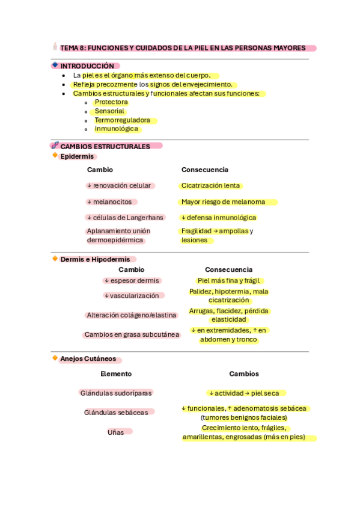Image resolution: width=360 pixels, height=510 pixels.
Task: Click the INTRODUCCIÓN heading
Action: click(87, 66)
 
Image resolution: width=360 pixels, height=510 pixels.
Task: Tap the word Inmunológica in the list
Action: click(117, 129)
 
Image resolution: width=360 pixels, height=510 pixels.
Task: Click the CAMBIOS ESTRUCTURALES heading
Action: click(105, 146)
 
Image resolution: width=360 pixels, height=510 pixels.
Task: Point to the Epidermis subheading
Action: click(78, 156)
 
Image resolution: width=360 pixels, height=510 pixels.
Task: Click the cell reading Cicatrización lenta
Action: click(211, 186)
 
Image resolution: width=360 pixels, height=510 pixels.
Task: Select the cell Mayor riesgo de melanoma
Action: click(223, 202)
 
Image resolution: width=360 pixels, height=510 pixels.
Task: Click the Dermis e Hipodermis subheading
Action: click(94, 259)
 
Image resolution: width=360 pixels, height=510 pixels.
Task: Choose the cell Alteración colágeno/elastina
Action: click(132, 315)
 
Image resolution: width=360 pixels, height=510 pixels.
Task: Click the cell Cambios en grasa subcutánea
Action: click(132, 335)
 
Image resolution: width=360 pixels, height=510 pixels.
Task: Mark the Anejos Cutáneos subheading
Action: click(88, 359)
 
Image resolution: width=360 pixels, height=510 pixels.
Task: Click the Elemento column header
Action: click(116, 374)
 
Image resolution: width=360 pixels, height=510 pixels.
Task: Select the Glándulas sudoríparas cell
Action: click(116, 393)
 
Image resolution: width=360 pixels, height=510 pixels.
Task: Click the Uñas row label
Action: click(116, 432)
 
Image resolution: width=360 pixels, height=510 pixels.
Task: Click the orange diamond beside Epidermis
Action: click(55, 156)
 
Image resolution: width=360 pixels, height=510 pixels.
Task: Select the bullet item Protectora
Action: click(111, 102)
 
